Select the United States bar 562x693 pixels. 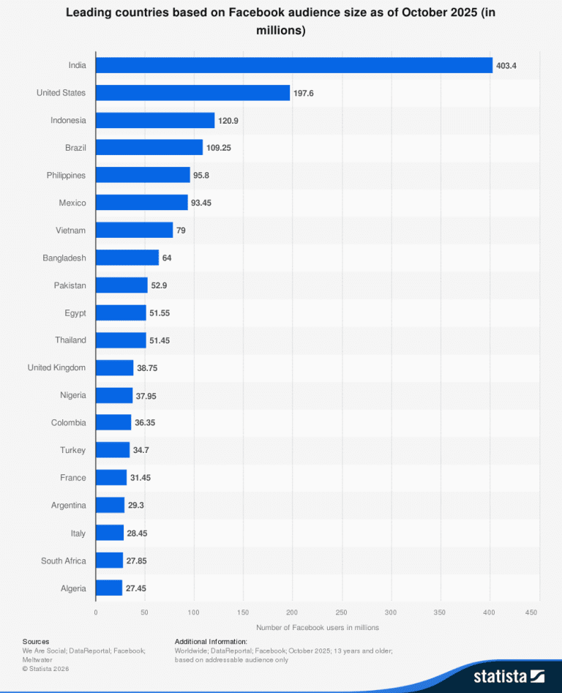click(193, 93)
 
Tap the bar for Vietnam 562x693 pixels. click(135, 231)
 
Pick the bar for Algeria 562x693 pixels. click(109, 588)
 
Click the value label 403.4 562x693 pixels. click(506, 66)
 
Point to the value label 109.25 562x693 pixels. click(219, 148)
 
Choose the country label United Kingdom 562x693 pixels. click(56, 367)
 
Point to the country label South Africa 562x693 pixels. click(63, 561)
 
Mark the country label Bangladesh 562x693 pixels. click(64, 258)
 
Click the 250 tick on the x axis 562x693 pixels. click(342, 612)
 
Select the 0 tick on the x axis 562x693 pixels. click(96, 612)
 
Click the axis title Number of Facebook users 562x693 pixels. click(318, 627)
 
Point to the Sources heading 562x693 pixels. click(36, 641)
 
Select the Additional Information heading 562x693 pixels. click(211, 641)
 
